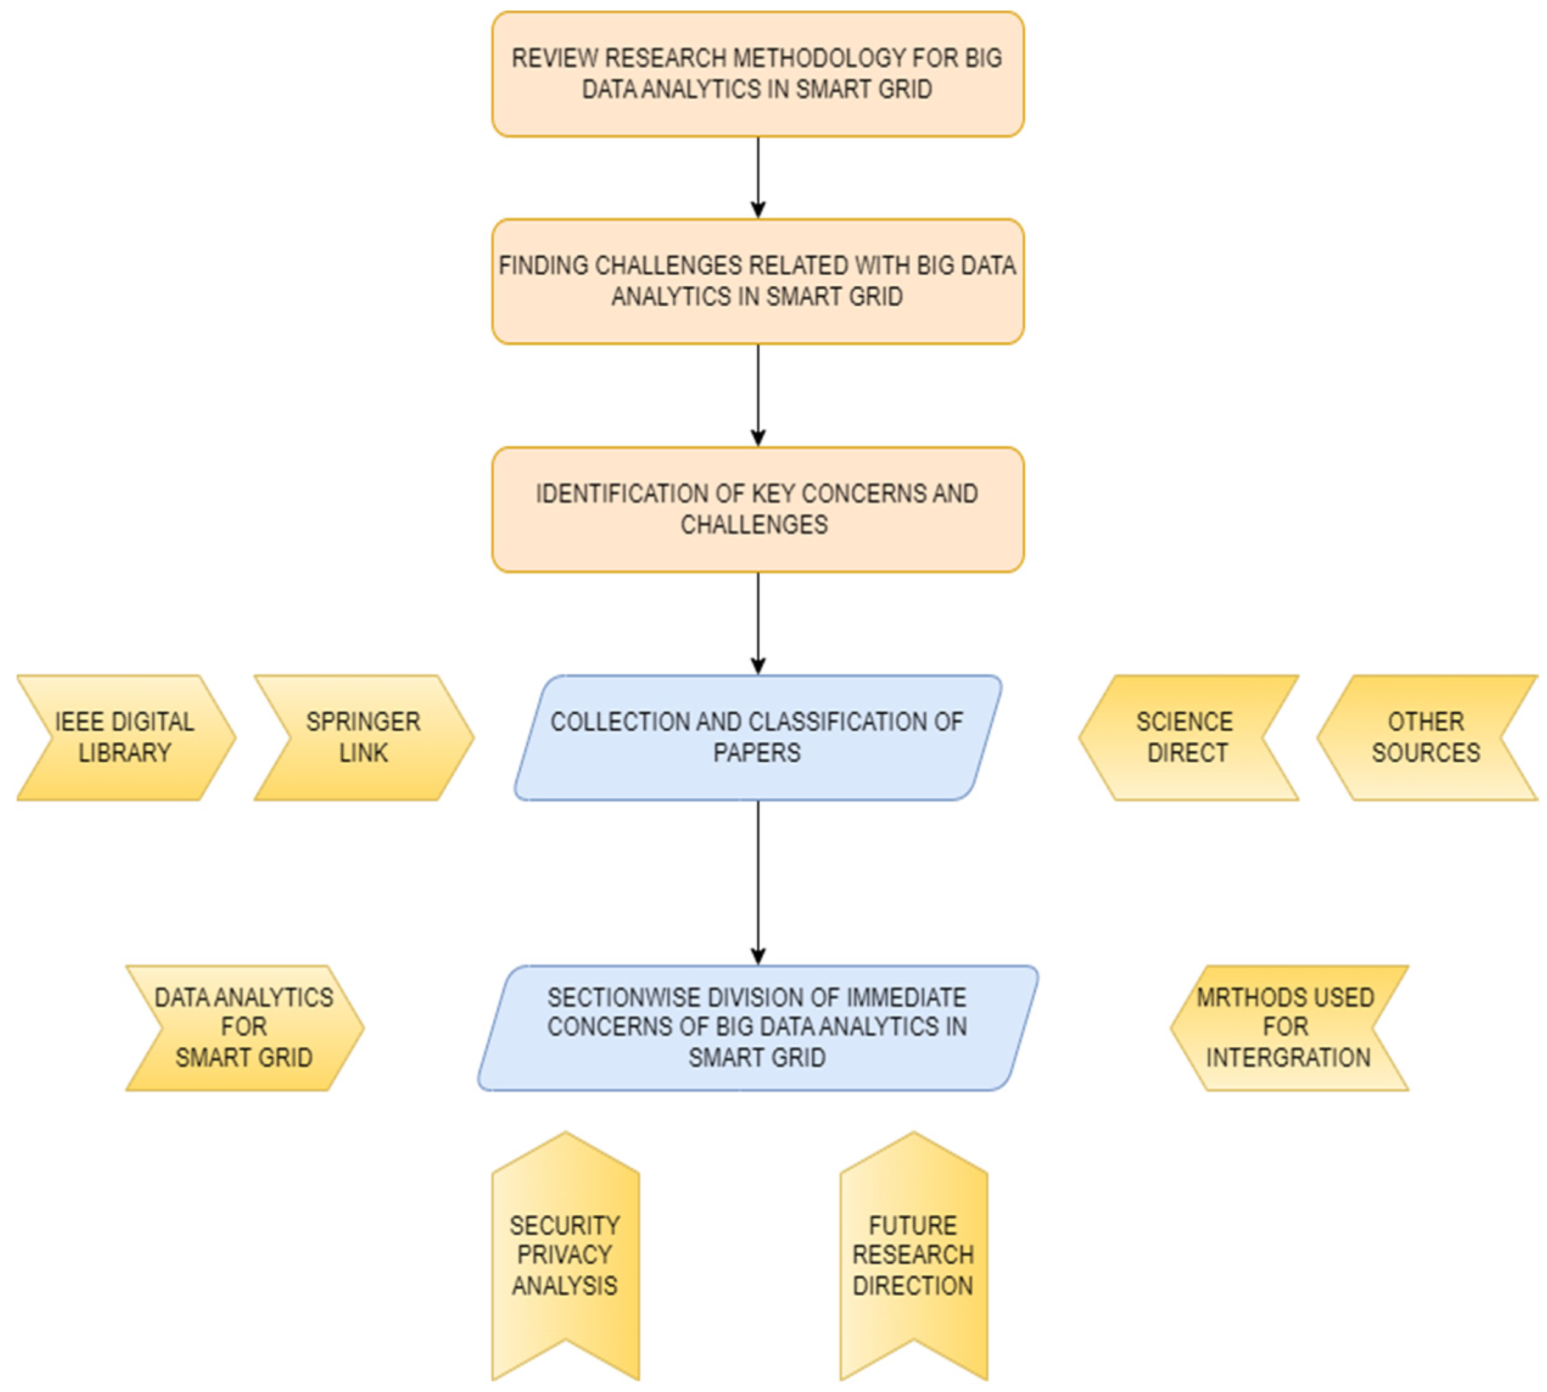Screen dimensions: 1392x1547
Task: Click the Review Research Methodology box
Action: (757, 74)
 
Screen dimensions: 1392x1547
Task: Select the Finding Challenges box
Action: (757, 281)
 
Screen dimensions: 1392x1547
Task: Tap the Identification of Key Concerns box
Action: (757, 510)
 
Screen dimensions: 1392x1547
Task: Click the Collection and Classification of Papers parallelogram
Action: (757, 737)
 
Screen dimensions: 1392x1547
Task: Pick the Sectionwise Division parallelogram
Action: (757, 1027)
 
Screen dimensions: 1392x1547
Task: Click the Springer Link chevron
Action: (364, 737)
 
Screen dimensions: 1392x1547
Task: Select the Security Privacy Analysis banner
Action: (565, 1254)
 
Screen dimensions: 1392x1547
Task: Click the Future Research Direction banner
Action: (913, 1254)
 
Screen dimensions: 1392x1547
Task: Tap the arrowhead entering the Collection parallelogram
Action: (758, 666)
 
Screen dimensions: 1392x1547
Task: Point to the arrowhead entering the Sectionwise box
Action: (758, 956)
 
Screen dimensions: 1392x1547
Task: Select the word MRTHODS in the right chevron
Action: (1233, 997)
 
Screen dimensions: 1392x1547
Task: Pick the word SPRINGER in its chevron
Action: (363, 721)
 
